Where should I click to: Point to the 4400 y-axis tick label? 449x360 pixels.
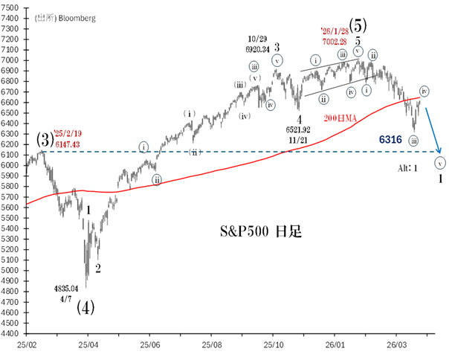[x=12, y=333]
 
